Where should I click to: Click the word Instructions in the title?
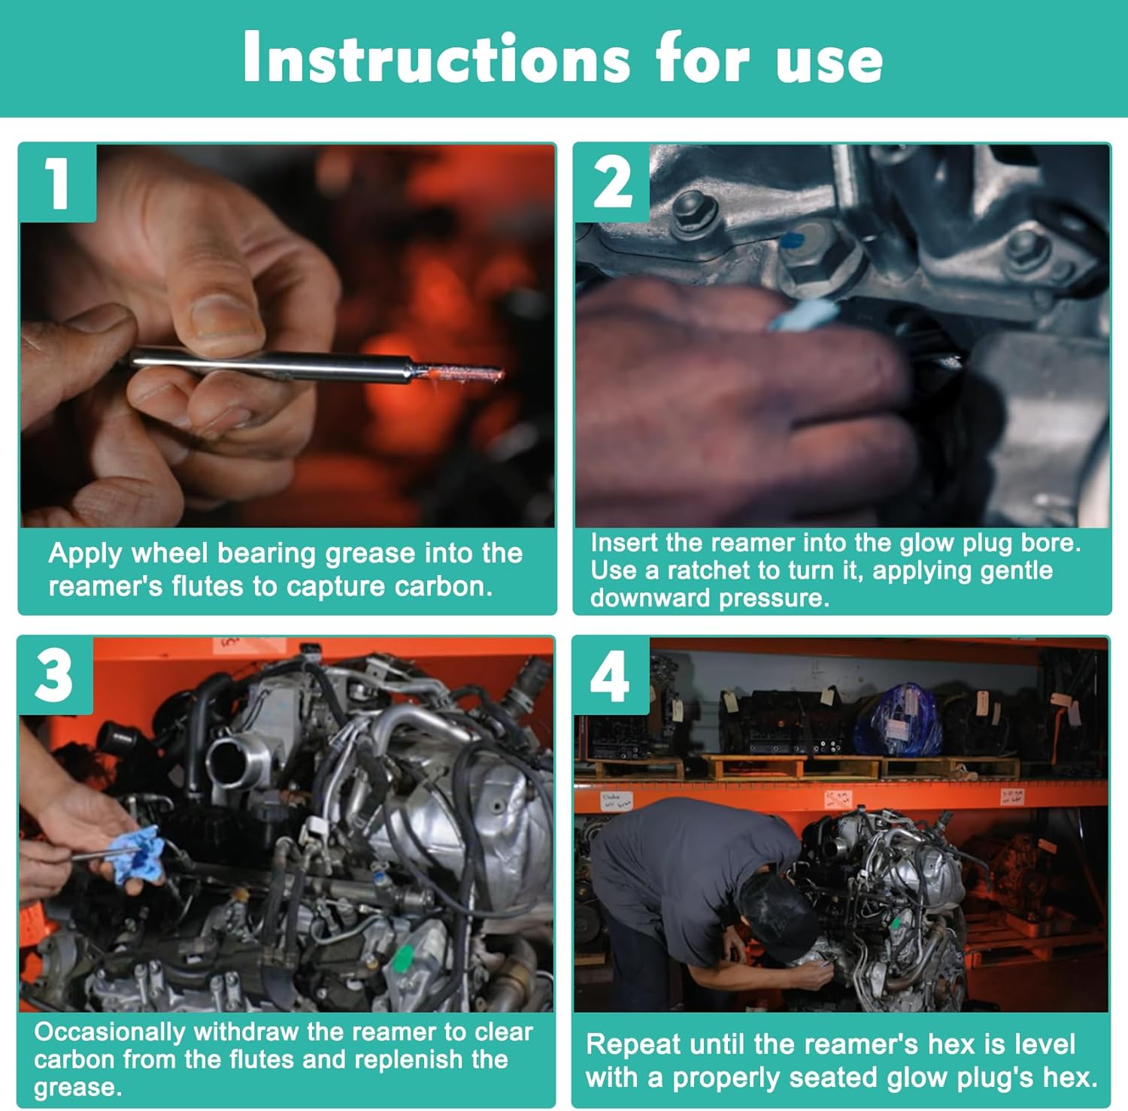click(436, 58)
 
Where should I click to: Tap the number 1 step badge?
click(58, 183)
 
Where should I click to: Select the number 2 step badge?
click(612, 183)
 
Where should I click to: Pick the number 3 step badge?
click(56, 675)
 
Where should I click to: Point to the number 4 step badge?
click(611, 675)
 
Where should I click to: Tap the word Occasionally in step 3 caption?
click(110, 1032)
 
